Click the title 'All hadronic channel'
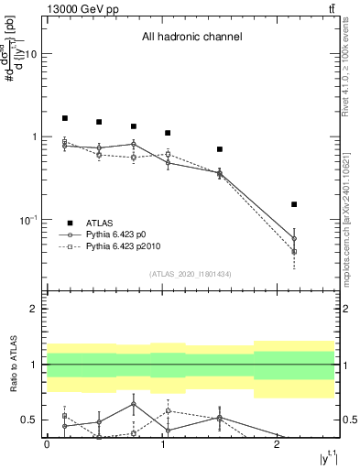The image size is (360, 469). [x=191, y=38]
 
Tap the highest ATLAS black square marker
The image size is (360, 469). [x=65, y=118]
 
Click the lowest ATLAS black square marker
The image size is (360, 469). [x=294, y=204]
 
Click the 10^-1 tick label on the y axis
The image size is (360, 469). [x=26, y=220]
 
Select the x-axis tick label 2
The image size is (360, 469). [x=277, y=443]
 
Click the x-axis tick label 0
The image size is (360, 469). [x=47, y=443]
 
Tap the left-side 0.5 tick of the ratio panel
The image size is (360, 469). [x=29, y=420]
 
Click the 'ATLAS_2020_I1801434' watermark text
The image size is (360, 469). [x=191, y=274]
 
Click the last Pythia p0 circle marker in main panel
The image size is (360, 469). [x=294, y=238]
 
